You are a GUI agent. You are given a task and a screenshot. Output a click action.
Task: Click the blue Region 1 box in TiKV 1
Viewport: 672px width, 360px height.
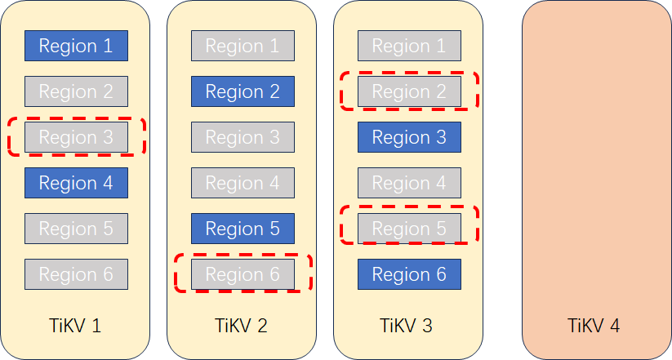tap(76, 46)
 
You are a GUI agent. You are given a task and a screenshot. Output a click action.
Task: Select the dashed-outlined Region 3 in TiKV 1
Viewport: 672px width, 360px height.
tap(76, 137)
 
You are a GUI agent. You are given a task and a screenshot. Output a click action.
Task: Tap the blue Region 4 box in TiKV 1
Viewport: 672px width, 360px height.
tap(76, 183)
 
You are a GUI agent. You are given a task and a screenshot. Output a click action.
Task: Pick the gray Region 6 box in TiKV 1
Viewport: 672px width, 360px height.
tap(76, 274)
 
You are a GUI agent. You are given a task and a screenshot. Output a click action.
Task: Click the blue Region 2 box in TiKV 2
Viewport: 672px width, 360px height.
tap(243, 91)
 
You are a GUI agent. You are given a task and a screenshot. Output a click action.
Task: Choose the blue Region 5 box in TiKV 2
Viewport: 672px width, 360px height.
tap(243, 229)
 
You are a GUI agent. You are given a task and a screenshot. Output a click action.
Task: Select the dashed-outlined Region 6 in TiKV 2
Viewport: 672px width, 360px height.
tap(243, 274)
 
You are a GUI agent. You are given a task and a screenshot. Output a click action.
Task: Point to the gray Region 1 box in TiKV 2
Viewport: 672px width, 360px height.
tap(243, 46)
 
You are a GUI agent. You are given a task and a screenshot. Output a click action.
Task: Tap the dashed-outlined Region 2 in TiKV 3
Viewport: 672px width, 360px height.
tap(409, 91)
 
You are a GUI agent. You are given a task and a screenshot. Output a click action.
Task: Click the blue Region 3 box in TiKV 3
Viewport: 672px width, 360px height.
tap(409, 137)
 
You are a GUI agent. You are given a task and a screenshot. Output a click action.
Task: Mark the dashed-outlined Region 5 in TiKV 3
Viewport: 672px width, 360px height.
tap(409, 229)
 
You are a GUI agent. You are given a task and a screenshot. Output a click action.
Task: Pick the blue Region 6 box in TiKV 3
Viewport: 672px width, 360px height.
tap(409, 274)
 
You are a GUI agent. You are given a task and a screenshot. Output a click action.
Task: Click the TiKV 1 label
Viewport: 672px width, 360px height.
tap(76, 326)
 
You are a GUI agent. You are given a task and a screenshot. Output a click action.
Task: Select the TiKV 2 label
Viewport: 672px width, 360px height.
tap(241, 326)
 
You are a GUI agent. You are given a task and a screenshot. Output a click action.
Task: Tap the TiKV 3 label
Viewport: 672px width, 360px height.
tap(406, 326)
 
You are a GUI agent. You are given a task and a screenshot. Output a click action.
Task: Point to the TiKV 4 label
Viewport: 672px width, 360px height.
tap(594, 326)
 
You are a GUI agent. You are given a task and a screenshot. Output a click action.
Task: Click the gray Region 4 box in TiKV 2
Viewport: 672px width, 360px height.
tap(243, 183)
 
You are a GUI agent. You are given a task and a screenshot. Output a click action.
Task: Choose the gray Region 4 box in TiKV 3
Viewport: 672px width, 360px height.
tap(409, 183)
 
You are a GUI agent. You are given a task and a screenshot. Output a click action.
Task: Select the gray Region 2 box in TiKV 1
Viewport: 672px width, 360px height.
tap(76, 91)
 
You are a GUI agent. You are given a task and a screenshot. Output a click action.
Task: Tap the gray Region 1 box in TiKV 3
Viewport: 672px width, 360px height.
tap(409, 46)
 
